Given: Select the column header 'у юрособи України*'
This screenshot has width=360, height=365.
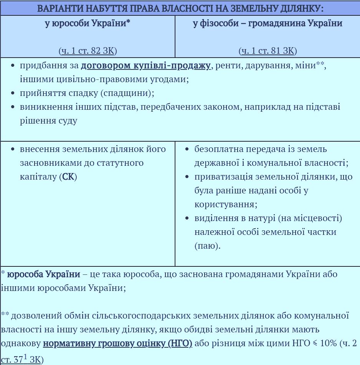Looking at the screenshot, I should pos(88,23).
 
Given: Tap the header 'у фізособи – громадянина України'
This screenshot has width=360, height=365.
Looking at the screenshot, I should pos(268,23).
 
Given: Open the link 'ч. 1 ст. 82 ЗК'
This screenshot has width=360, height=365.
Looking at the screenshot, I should pos(88,51).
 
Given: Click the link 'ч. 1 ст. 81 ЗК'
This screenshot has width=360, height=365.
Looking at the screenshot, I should pos(268,51).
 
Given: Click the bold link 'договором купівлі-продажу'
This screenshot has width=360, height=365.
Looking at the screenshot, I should pos(145,66).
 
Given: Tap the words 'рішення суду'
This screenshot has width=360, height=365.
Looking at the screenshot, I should pos(48,121).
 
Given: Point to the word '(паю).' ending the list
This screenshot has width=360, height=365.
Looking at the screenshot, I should pos(207,246).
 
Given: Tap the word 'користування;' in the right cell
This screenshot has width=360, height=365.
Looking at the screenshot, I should pos(226,205).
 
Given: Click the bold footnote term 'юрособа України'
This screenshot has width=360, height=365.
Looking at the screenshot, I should pos(44,274).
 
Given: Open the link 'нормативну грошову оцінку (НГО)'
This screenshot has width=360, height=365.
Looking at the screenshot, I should pos(117,343).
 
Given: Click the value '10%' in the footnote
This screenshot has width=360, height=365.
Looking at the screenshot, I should pos(328,343).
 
